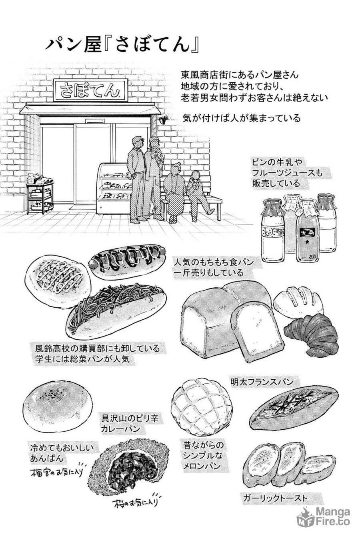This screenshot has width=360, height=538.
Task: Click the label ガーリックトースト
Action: (x=275, y=498)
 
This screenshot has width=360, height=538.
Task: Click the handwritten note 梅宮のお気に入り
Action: (x=56, y=472)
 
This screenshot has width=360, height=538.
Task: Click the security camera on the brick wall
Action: (x=163, y=119)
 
